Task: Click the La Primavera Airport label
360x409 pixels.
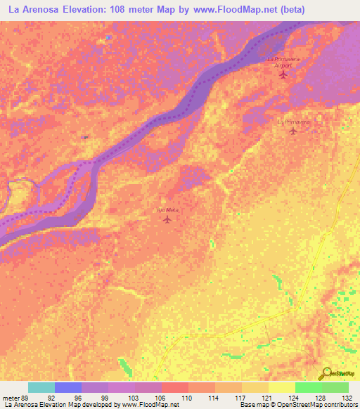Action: pyautogui.click(x=284, y=62)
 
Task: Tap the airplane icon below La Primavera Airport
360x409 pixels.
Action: pyautogui.click(x=284, y=74)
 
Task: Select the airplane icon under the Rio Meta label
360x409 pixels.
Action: pyautogui.click(x=167, y=219)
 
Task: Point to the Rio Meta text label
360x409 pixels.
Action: pyautogui.click(x=167, y=210)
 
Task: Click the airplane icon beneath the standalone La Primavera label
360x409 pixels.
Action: pyautogui.click(x=293, y=131)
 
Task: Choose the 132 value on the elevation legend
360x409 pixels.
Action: pyautogui.click(x=347, y=396)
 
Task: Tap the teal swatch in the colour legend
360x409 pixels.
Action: pyautogui.click(x=41, y=387)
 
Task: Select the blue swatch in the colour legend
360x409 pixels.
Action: pyautogui.click(x=68, y=387)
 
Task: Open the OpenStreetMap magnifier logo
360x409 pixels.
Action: pyautogui.click(x=326, y=374)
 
